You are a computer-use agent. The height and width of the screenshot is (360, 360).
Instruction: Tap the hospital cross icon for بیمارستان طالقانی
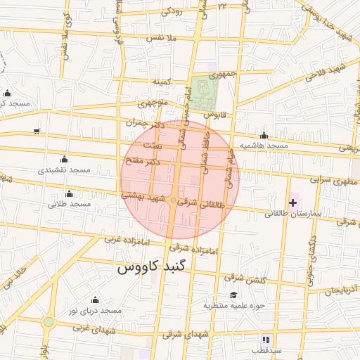pos(293,202)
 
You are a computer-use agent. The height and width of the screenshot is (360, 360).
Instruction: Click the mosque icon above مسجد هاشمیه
pos(264,135)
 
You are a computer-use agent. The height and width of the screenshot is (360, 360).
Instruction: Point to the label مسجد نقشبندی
pos(65,170)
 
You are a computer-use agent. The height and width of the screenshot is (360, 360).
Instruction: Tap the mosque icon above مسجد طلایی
pos(69,194)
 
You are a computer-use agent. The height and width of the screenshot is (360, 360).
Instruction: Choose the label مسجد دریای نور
pos(90,310)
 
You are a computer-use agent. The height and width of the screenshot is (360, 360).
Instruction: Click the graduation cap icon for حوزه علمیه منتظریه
pos(233,295)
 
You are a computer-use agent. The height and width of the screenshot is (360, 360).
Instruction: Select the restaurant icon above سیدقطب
pos(266,339)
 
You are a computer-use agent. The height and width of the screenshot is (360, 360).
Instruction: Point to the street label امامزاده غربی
pos(127,240)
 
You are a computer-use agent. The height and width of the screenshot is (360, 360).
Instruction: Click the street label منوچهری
pos(153,104)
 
